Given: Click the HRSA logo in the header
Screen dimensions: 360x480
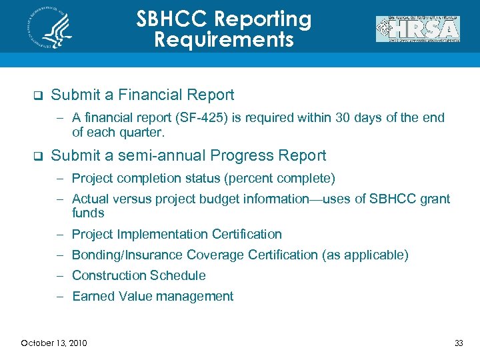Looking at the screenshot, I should point(418,29).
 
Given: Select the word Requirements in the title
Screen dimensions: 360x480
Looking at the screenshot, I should point(223,40).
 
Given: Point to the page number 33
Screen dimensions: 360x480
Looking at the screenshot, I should point(458,343).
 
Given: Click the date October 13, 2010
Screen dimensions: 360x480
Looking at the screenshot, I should point(53,343).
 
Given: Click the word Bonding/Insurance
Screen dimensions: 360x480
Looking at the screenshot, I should point(127,255).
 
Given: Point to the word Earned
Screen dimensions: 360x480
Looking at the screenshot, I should point(92,297).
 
